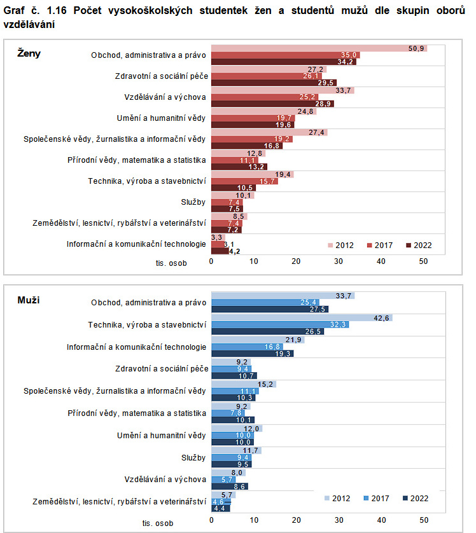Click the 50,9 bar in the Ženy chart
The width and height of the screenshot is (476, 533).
(318, 48)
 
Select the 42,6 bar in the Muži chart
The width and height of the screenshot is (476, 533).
(302, 317)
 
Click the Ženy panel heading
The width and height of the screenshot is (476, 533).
(29, 53)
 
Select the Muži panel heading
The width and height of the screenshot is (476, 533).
(28, 300)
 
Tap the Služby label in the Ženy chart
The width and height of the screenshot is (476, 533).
(193, 202)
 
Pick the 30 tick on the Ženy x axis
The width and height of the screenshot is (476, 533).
(339, 261)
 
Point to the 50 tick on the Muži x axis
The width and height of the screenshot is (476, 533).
(424, 519)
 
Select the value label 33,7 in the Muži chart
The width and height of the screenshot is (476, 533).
(345, 295)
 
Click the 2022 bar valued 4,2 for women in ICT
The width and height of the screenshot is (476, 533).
(220, 251)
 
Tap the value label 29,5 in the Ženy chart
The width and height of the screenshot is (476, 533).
(327, 83)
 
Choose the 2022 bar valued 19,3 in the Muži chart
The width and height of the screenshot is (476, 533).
(252, 353)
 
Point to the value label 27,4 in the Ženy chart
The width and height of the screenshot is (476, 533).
(318, 132)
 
